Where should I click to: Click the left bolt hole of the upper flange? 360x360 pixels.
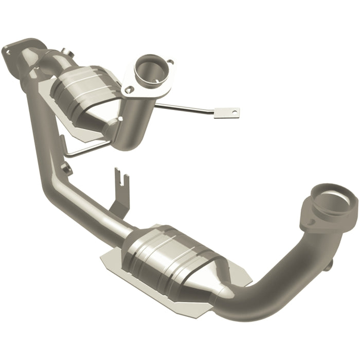(126, 89)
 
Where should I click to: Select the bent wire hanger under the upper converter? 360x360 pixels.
(82, 149)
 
